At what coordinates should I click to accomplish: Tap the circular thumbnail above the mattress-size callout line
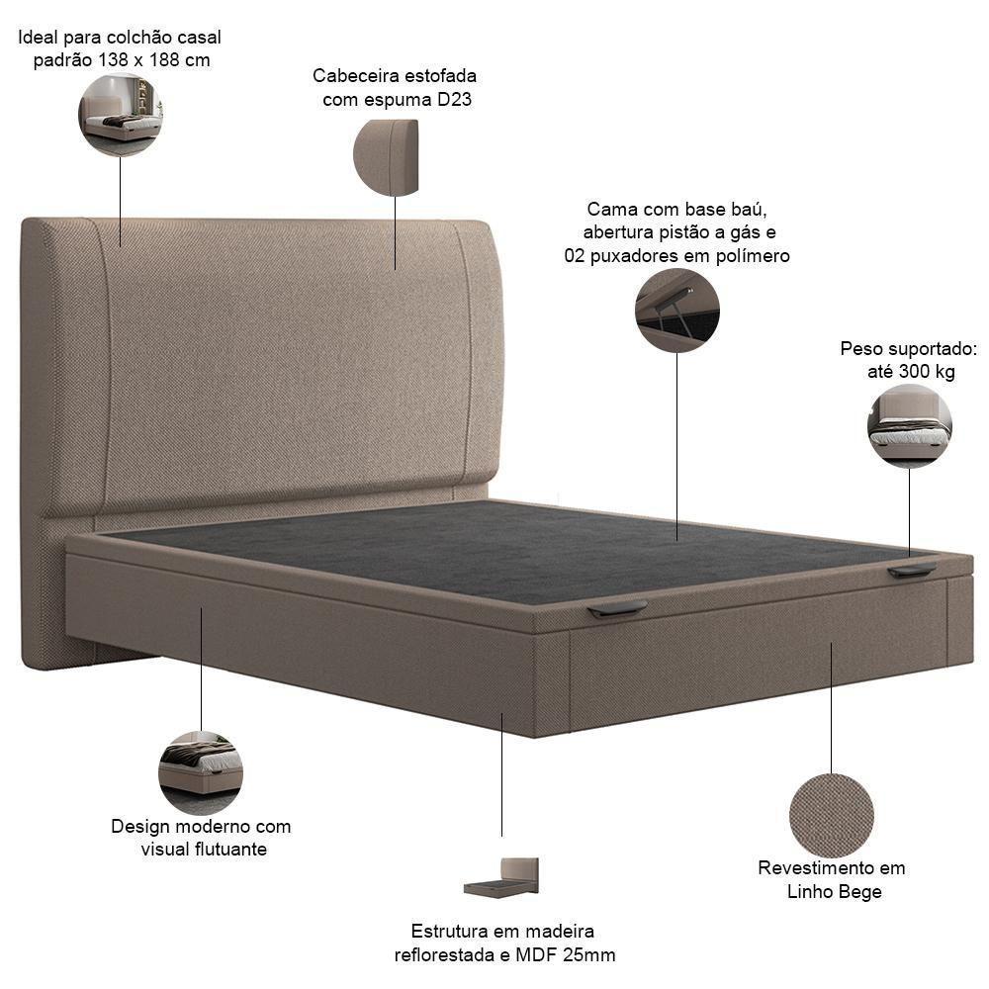tap(121, 114)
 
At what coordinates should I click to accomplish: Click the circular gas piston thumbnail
tap(677, 311)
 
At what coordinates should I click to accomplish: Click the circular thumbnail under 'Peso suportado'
tap(910, 426)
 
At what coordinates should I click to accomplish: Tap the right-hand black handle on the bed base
tap(912, 571)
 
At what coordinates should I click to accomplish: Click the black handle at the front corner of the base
tap(617, 609)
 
